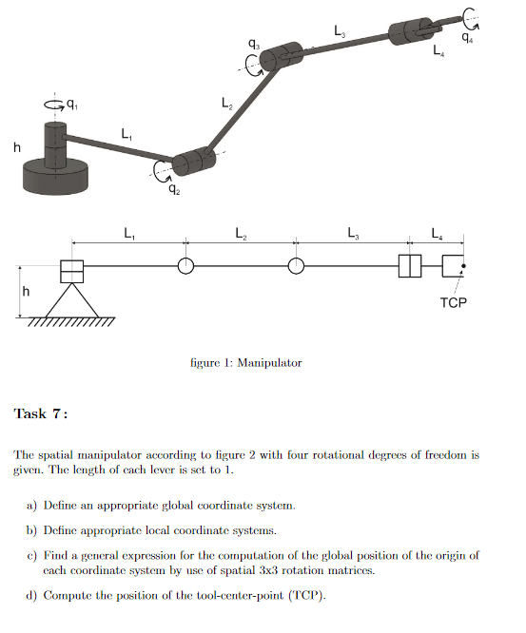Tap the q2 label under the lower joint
173,189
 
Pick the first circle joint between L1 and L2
185,267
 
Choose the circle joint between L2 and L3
297,267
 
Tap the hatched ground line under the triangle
72,322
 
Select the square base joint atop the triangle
72,271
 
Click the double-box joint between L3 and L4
409,267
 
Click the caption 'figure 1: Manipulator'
246,362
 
